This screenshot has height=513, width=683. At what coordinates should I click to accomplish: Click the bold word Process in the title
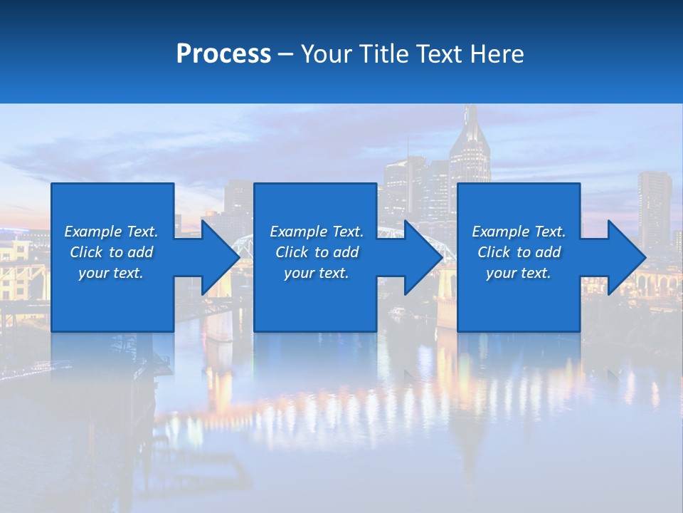point(223,54)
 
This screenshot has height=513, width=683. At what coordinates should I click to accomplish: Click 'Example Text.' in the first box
point(111,232)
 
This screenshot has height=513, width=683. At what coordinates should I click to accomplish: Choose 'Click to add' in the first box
point(111,252)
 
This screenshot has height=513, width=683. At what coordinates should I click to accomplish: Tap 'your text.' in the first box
point(111,273)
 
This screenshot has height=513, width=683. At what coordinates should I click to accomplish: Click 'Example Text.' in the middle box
point(317,232)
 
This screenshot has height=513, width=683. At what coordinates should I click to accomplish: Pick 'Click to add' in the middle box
point(317,252)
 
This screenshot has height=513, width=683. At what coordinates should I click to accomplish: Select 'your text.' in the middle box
point(317,273)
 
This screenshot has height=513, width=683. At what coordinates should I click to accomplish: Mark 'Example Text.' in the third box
point(519,232)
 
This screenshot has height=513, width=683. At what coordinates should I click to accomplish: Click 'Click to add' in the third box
point(519,252)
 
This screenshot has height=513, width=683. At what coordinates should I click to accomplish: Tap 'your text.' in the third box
point(519,273)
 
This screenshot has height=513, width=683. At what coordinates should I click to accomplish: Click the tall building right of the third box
point(654,207)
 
